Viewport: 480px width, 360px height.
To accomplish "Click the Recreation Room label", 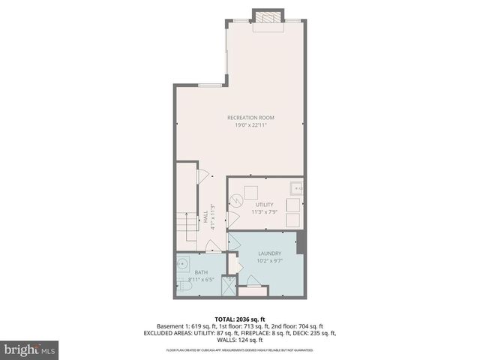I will coord(251,117).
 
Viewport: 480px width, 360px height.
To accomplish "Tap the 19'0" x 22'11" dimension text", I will coord(251,124).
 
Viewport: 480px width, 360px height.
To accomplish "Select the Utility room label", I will coord(265,205).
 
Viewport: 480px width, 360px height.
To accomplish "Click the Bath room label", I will coord(202,272).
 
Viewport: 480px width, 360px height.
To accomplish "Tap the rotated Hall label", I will coord(205,214).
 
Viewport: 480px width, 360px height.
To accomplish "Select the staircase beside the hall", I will coord(185,223).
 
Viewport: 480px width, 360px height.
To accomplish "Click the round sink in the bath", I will coord(183,264).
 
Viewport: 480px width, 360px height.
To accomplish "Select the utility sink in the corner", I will coord(296,188).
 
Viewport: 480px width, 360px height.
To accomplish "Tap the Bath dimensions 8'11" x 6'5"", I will coord(202,280).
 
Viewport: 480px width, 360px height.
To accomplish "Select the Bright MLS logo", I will coord(29,349).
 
